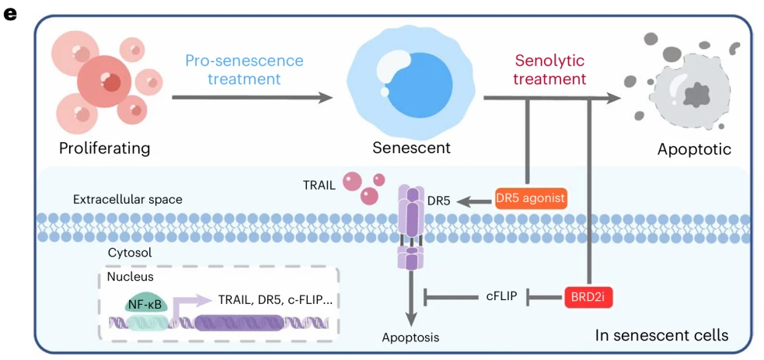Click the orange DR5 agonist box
click(x=531, y=199)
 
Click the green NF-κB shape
click(x=144, y=304)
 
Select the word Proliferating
click(x=104, y=148)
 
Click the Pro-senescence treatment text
click(x=244, y=69)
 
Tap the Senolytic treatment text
click(x=549, y=69)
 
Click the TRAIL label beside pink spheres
click(x=319, y=185)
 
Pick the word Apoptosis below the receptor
click(x=410, y=337)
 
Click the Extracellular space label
click(x=127, y=200)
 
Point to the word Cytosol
click(x=129, y=253)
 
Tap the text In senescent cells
click(x=661, y=335)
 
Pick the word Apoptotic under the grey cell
click(x=694, y=149)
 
